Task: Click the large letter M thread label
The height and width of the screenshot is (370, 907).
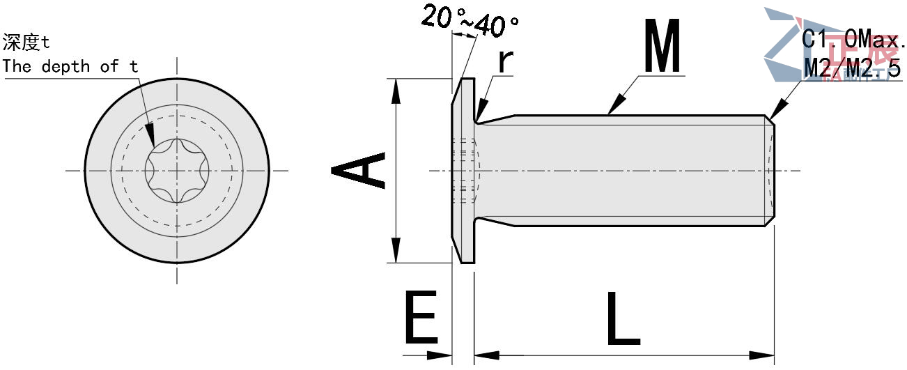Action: click(x=661, y=47)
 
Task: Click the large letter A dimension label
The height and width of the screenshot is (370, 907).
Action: click(x=358, y=171)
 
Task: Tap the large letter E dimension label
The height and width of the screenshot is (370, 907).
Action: click(x=420, y=318)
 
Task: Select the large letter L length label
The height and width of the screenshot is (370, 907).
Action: click(x=622, y=318)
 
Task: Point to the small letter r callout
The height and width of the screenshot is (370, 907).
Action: click(x=506, y=61)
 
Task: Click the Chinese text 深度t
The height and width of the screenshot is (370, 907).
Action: click(x=26, y=43)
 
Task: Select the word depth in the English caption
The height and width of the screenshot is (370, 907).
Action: click(x=66, y=67)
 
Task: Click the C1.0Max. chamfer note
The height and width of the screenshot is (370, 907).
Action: click(x=853, y=39)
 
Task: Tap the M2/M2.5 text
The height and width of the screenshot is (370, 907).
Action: click(x=852, y=68)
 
